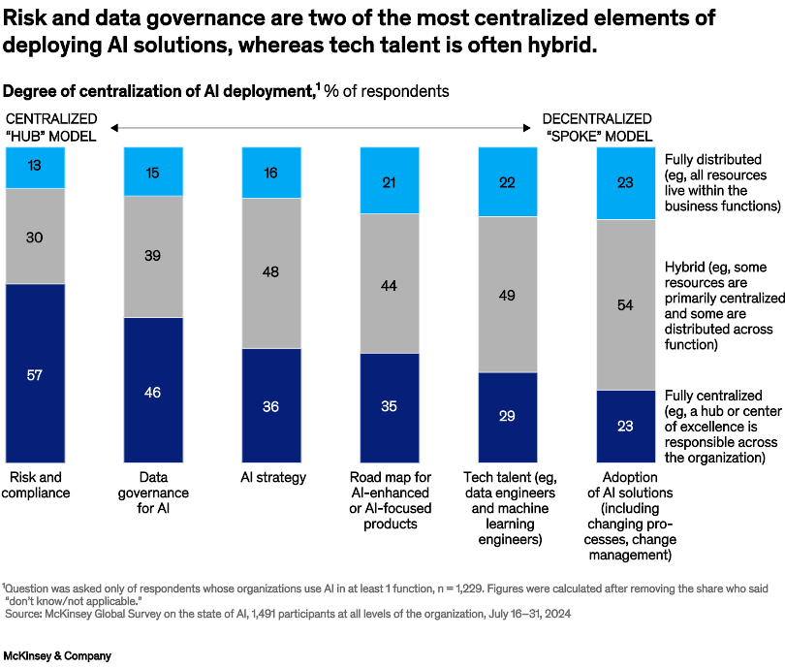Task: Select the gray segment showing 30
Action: [35, 236]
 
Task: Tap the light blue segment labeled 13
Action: [35, 168]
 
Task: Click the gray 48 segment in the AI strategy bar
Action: [270, 272]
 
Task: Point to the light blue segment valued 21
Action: [389, 180]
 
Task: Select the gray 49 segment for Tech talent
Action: [508, 294]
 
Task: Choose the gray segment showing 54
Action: [625, 304]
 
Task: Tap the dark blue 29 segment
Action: [508, 418]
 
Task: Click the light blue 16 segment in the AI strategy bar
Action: [270, 173]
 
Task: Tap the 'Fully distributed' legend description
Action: [722, 182]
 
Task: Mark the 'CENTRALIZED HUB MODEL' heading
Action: [50, 128]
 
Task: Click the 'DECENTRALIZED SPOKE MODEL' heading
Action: [597, 128]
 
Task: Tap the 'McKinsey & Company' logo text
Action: [56, 656]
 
